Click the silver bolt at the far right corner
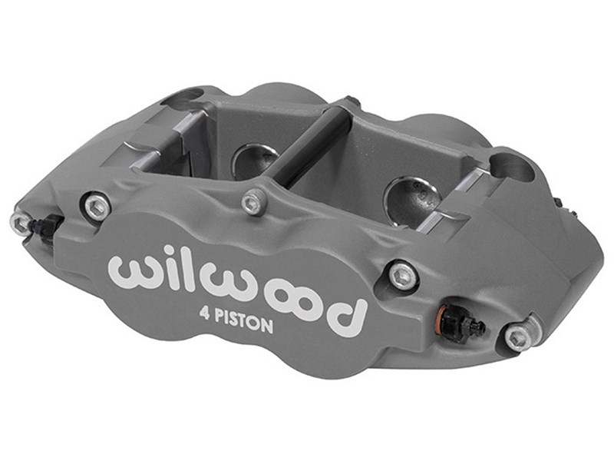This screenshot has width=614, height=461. (518, 336)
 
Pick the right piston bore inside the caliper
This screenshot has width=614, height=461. (411, 192)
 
